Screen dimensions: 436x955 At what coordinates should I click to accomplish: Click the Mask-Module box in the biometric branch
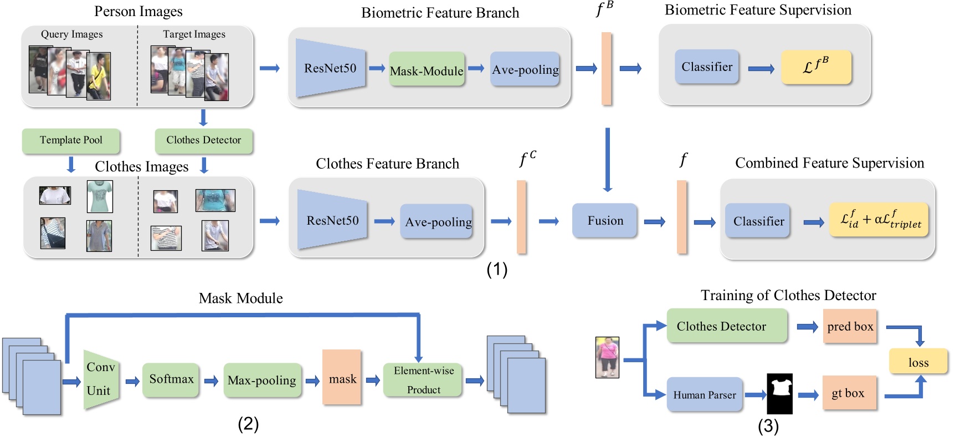click(427, 69)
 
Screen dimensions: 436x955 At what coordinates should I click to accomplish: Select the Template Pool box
click(71, 140)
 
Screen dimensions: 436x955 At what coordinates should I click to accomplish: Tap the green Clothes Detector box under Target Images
click(203, 140)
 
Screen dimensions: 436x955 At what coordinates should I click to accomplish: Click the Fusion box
click(605, 221)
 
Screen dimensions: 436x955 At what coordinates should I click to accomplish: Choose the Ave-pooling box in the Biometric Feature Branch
click(525, 69)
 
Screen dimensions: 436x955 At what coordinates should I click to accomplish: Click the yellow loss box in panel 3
click(918, 362)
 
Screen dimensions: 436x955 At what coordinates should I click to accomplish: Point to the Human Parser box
click(704, 395)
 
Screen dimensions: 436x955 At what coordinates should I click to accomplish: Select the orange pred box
click(850, 327)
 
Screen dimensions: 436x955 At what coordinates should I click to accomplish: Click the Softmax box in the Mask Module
click(171, 379)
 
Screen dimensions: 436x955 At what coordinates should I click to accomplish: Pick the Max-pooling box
click(262, 381)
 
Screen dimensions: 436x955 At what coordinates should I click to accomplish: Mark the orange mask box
click(342, 379)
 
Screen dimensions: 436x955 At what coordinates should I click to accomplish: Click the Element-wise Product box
click(423, 380)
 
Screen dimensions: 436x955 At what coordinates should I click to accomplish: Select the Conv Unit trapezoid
click(100, 379)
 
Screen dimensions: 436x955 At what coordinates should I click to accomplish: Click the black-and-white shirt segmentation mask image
click(779, 393)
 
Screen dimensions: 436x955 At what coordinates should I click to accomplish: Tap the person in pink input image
click(607, 357)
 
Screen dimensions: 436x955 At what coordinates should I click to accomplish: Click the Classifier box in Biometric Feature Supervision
click(707, 67)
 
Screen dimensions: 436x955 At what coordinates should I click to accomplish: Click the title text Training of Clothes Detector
click(788, 295)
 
